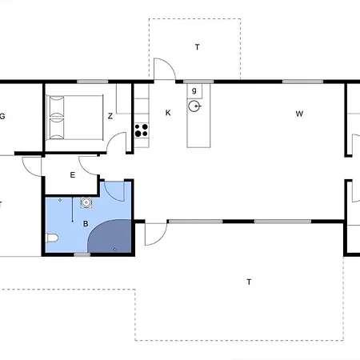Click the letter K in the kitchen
(168, 113)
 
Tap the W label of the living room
(299, 114)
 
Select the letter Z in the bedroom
(110, 116)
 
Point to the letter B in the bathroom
(86, 223)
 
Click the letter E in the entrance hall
(73, 175)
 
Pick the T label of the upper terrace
(197, 47)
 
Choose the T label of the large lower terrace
(249, 282)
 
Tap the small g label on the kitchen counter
(194, 90)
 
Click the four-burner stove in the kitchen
(142, 130)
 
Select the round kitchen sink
(194, 106)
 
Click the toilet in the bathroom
(52, 238)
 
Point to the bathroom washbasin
(86, 202)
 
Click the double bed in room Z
(74, 118)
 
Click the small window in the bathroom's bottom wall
(82, 254)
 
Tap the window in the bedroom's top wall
(93, 82)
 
